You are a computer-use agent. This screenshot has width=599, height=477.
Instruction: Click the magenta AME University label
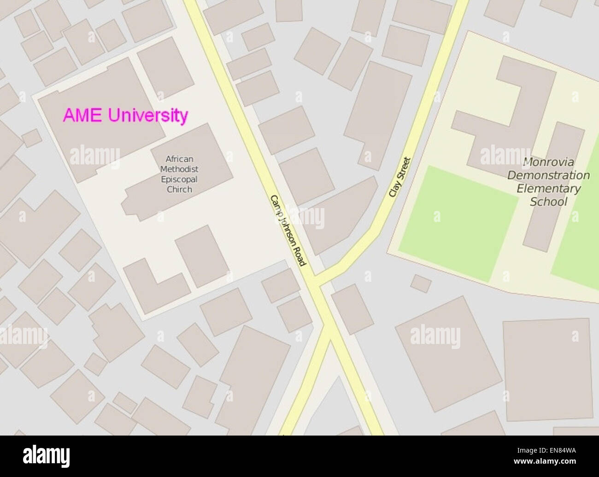(125, 115)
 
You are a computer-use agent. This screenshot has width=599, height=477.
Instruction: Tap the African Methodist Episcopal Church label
(179, 174)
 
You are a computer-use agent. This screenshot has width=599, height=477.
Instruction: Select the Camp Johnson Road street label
(288, 230)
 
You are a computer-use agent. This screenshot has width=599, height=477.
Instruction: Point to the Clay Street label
(399, 177)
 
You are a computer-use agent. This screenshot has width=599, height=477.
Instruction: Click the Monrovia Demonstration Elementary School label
(548, 182)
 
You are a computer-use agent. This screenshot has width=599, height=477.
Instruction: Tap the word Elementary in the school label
(548, 188)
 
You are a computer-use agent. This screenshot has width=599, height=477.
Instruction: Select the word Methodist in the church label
(179, 169)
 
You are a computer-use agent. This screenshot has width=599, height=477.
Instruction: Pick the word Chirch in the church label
(179, 189)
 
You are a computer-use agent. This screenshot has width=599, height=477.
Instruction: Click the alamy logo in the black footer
(47, 456)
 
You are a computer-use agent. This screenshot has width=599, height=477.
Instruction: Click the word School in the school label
(548, 202)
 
